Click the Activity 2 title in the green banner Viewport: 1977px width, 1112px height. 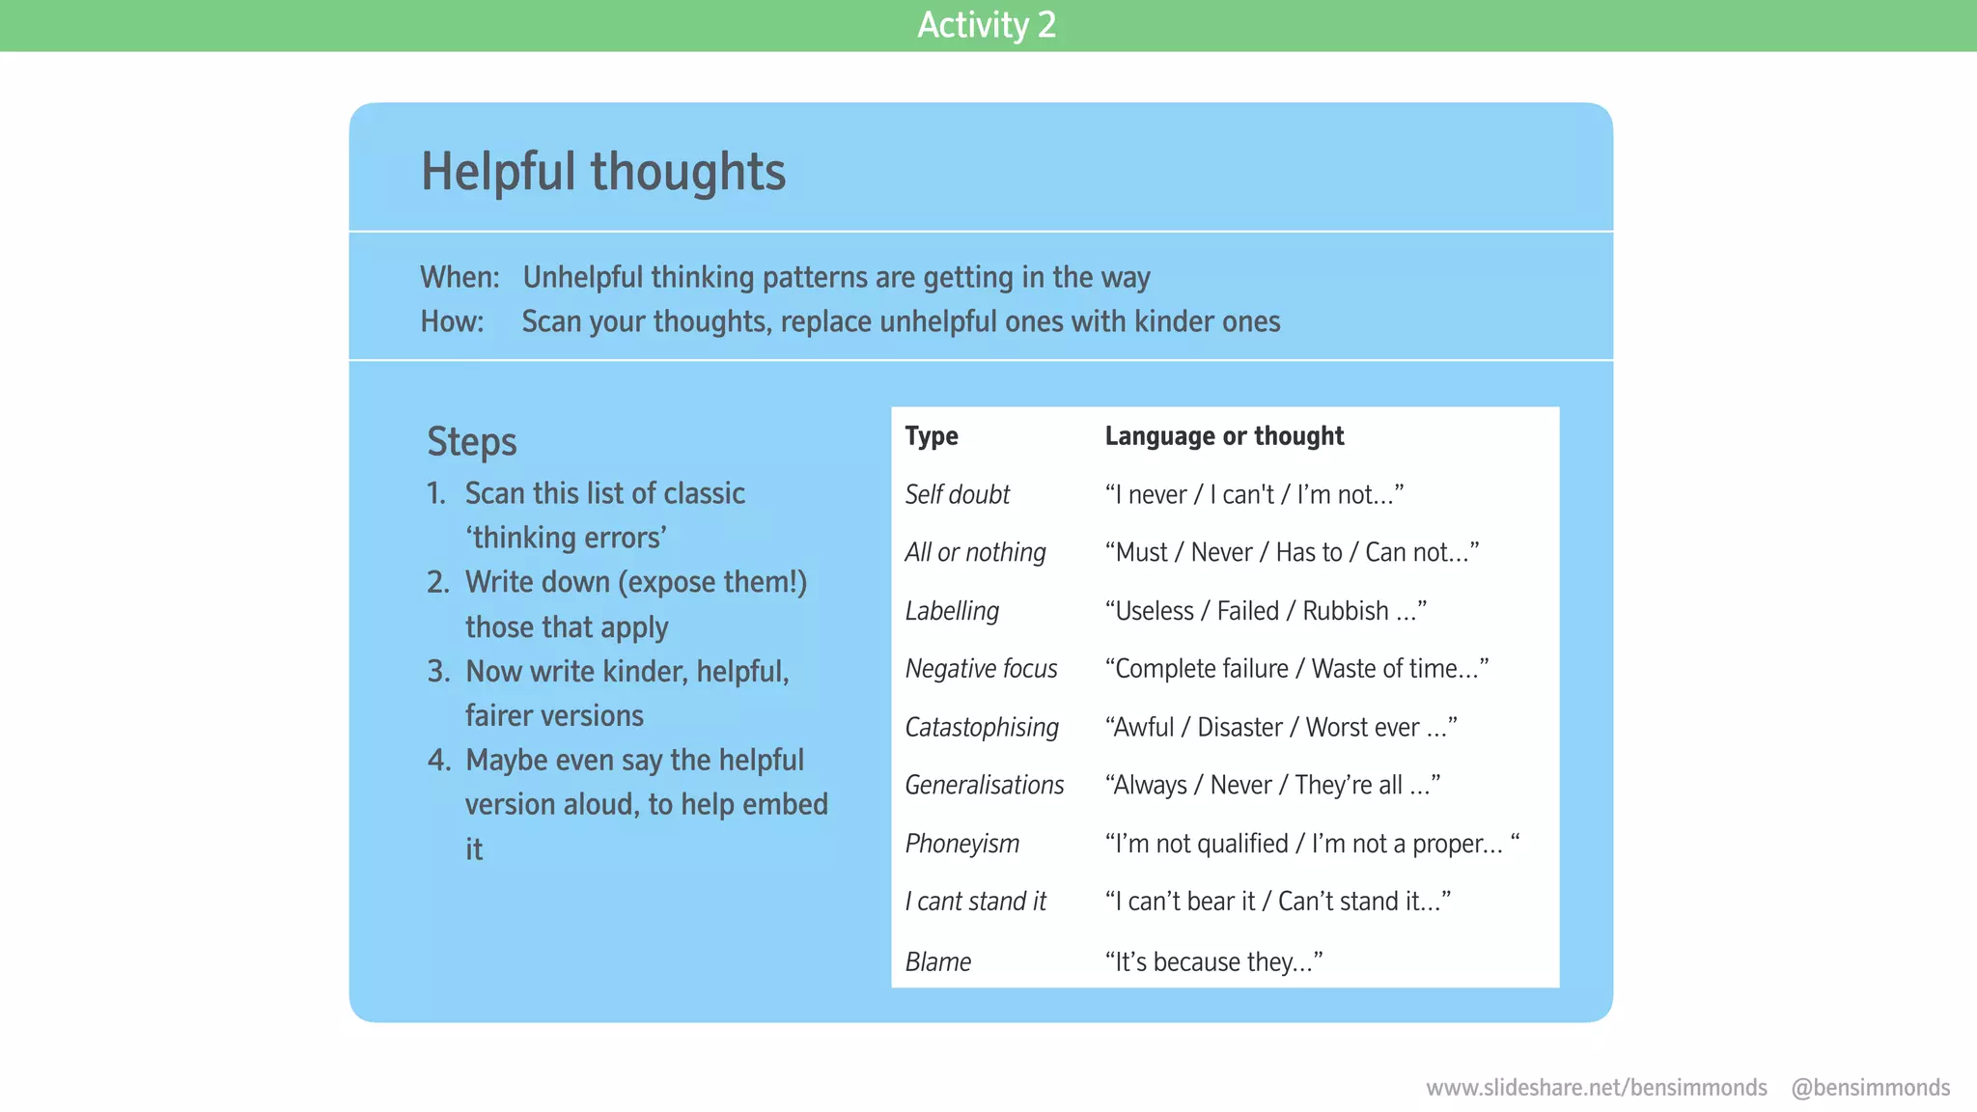click(x=987, y=25)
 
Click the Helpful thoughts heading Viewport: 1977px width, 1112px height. click(x=603, y=172)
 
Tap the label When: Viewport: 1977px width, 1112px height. click(x=459, y=278)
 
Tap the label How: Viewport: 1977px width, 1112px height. click(x=452, y=321)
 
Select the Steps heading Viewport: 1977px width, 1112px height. click(x=471, y=442)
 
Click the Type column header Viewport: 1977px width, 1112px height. click(x=932, y=436)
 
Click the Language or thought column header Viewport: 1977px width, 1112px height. click(x=1223, y=436)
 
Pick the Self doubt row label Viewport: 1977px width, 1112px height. click(x=957, y=495)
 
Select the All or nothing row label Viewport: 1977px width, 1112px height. click(x=975, y=553)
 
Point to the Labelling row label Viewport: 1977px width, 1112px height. click(x=952, y=611)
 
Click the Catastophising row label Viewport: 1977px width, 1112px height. click(x=982, y=728)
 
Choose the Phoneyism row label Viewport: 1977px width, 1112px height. click(x=961, y=844)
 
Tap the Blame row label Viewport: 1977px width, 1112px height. click(x=937, y=962)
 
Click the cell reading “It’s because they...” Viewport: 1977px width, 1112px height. click(x=1213, y=962)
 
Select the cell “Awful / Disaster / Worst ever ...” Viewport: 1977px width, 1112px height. click(x=1280, y=728)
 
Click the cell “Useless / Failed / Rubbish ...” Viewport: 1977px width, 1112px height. click(x=1265, y=611)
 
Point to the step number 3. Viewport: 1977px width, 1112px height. click(x=438, y=672)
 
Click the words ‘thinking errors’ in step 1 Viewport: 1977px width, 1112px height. click(x=566, y=538)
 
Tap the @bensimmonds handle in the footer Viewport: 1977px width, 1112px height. click(x=1870, y=1088)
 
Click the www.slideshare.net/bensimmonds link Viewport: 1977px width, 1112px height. click(x=1596, y=1088)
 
